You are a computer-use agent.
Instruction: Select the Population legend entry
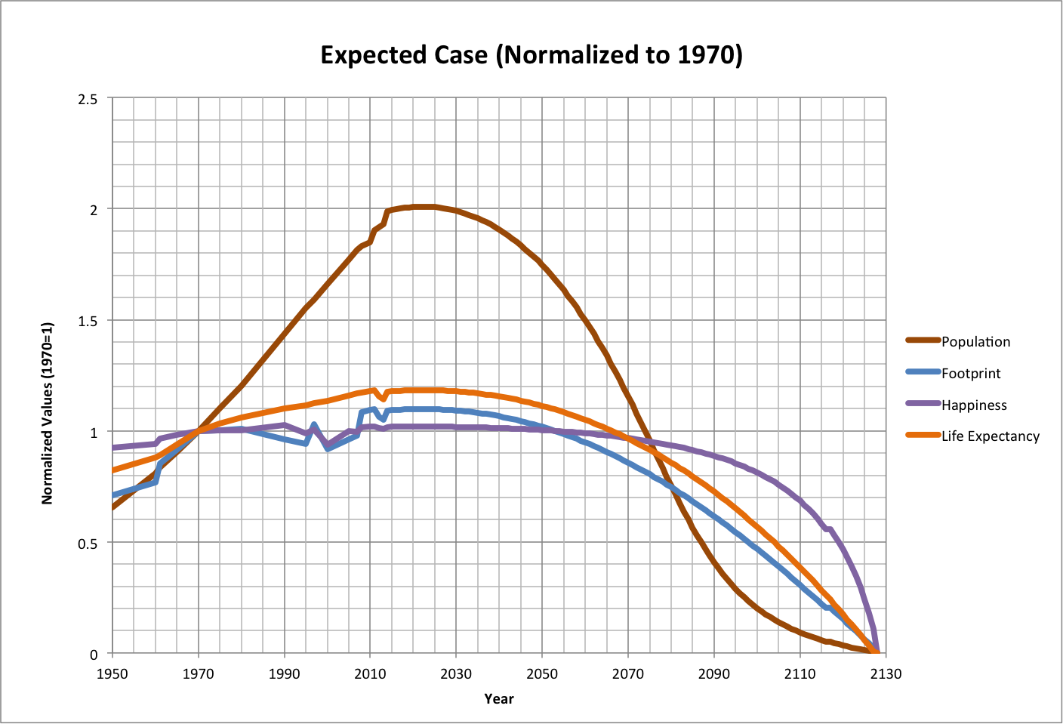point(975,341)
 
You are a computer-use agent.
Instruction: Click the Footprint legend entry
point(970,373)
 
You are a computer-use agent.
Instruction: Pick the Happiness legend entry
point(973,405)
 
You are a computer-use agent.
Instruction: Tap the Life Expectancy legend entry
point(989,436)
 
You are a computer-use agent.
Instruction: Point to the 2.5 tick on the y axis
point(88,99)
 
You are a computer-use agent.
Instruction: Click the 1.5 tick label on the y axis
point(88,321)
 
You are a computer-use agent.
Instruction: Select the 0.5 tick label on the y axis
point(88,543)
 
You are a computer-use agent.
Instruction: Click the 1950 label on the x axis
point(112,673)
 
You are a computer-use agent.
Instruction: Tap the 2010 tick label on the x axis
point(370,673)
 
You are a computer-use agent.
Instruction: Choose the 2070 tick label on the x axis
point(627,673)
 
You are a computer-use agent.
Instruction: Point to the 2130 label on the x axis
point(885,673)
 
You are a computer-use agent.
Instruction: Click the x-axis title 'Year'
point(499,699)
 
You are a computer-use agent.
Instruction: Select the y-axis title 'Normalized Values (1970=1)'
point(48,413)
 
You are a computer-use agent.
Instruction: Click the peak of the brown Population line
point(423,206)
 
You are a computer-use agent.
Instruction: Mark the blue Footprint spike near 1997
point(314,424)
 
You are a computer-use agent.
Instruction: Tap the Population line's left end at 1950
point(113,507)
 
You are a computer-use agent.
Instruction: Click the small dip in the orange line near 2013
point(384,399)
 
